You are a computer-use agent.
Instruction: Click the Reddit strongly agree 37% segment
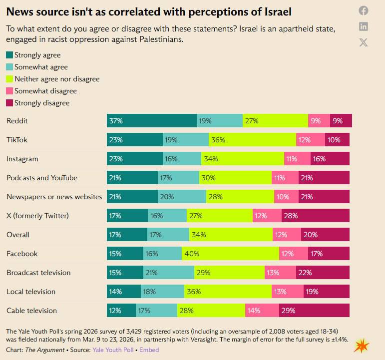[x=152, y=120]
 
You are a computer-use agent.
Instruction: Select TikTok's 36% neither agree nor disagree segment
[x=252, y=140]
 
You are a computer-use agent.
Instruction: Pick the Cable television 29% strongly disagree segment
[x=314, y=311]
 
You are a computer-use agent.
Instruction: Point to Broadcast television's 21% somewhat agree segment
[x=168, y=273]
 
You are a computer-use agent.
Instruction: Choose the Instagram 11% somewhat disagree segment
[x=291, y=159]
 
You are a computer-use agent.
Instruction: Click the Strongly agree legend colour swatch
[x=9, y=55]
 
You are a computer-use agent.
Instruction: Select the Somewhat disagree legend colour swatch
[x=9, y=91]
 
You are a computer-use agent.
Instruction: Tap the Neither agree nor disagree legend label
[x=57, y=79]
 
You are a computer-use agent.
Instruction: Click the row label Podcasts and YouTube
[x=42, y=178]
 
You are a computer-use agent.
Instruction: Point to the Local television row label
[x=31, y=292]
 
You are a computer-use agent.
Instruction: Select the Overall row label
[x=18, y=235]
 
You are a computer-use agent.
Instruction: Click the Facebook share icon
[x=364, y=10]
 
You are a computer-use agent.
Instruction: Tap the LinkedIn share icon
[x=364, y=26]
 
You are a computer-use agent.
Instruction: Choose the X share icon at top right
[x=364, y=42]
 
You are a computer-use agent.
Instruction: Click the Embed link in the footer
[x=149, y=350]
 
